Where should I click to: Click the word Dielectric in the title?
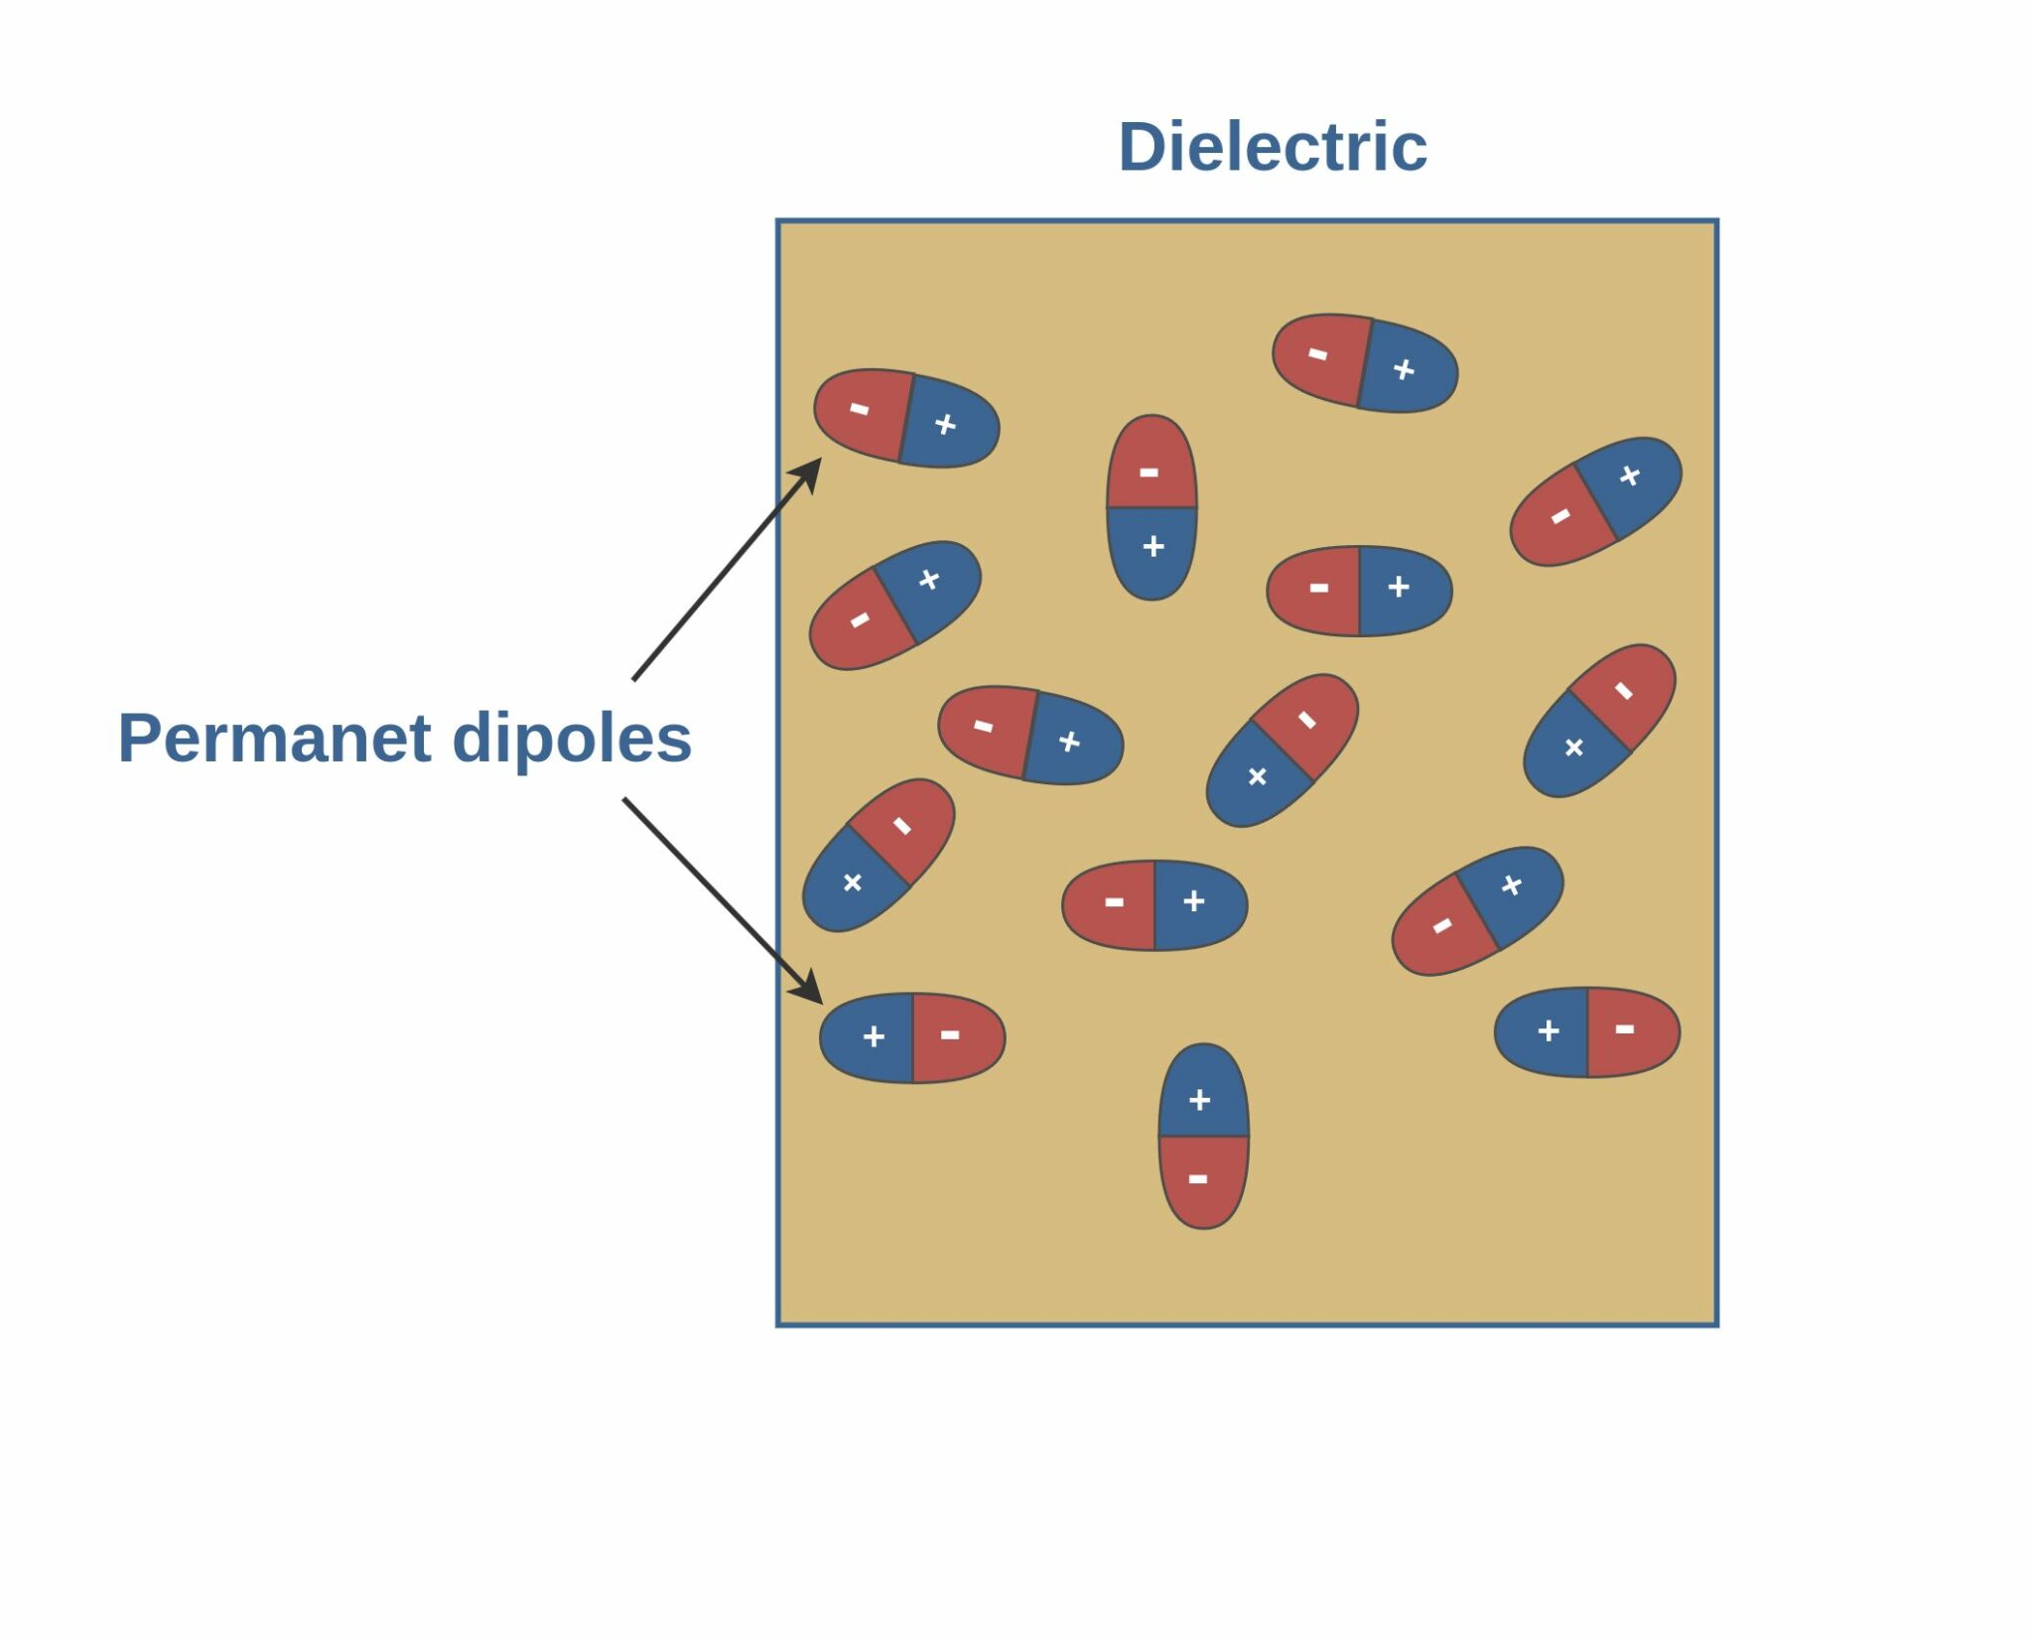tap(1272, 147)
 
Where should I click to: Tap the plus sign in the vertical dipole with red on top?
tap(1152, 546)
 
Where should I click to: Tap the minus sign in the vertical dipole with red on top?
tap(1149, 473)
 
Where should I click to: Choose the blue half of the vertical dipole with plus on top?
tap(1203, 1092)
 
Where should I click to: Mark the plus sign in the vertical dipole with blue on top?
tap(1199, 1100)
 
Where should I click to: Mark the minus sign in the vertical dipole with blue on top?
tap(1198, 1179)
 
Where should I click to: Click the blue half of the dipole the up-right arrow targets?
tap(948, 425)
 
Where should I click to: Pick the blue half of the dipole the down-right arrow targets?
tap(869, 1037)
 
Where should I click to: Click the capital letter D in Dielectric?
tap(1142, 147)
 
